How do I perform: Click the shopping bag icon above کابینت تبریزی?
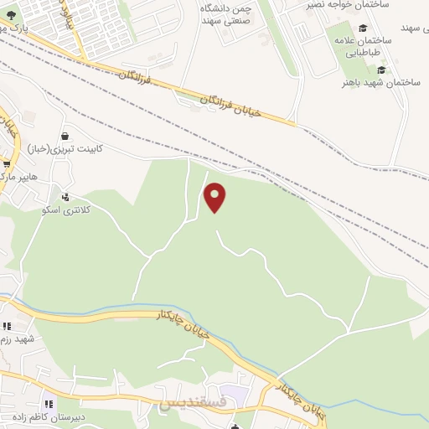coord(65,136)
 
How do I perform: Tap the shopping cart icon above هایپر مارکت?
coord(7,164)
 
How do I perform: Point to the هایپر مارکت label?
coord(18,178)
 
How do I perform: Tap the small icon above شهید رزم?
coord(7,326)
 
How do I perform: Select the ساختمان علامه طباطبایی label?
coord(362,45)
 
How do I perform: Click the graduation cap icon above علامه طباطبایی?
coord(362,28)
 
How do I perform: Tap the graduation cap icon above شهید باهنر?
coord(382,70)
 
